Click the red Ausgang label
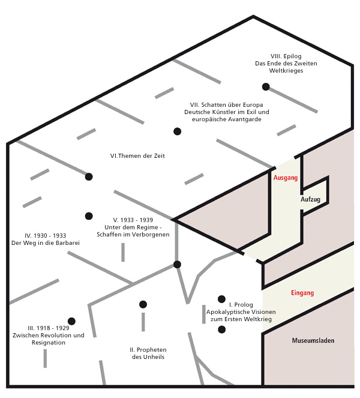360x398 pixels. point(285,178)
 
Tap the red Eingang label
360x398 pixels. point(302,293)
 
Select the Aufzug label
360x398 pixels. point(310,199)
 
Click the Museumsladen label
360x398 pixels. point(313,340)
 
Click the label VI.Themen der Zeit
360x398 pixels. point(137,156)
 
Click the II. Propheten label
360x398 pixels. point(148,349)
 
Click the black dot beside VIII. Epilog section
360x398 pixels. point(266,86)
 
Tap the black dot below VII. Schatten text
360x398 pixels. point(177,131)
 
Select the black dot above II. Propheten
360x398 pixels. point(143,304)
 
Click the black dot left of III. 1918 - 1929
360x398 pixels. point(71,321)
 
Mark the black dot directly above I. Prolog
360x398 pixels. point(221,298)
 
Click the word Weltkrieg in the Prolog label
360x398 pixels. point(257,320)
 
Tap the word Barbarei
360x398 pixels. point(67,243)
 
